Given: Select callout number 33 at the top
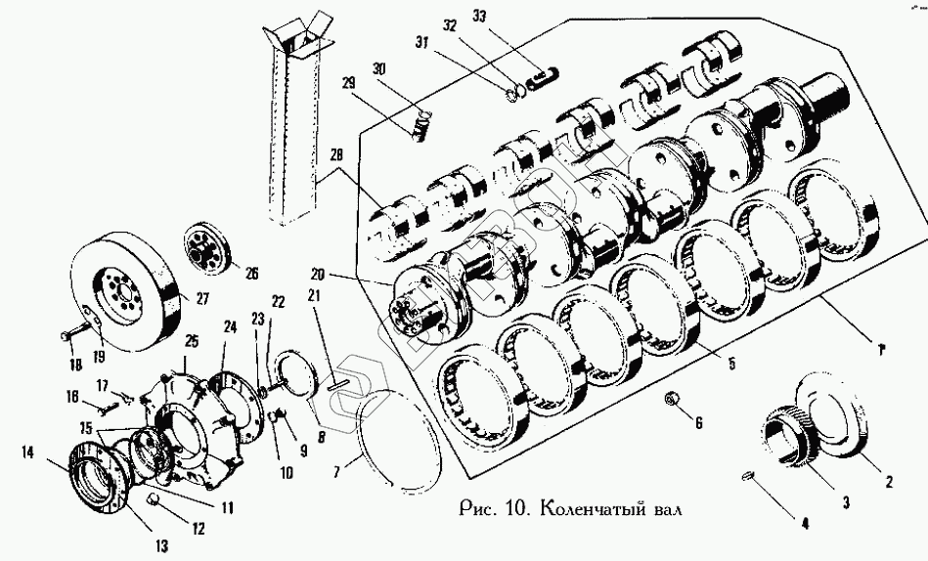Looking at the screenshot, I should [478, 17].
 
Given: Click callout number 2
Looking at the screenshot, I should [889, 481].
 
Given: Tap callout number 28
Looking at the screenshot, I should [338, 155].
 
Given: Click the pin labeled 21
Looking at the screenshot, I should [336, 382].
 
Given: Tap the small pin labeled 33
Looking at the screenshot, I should [544, 72].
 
